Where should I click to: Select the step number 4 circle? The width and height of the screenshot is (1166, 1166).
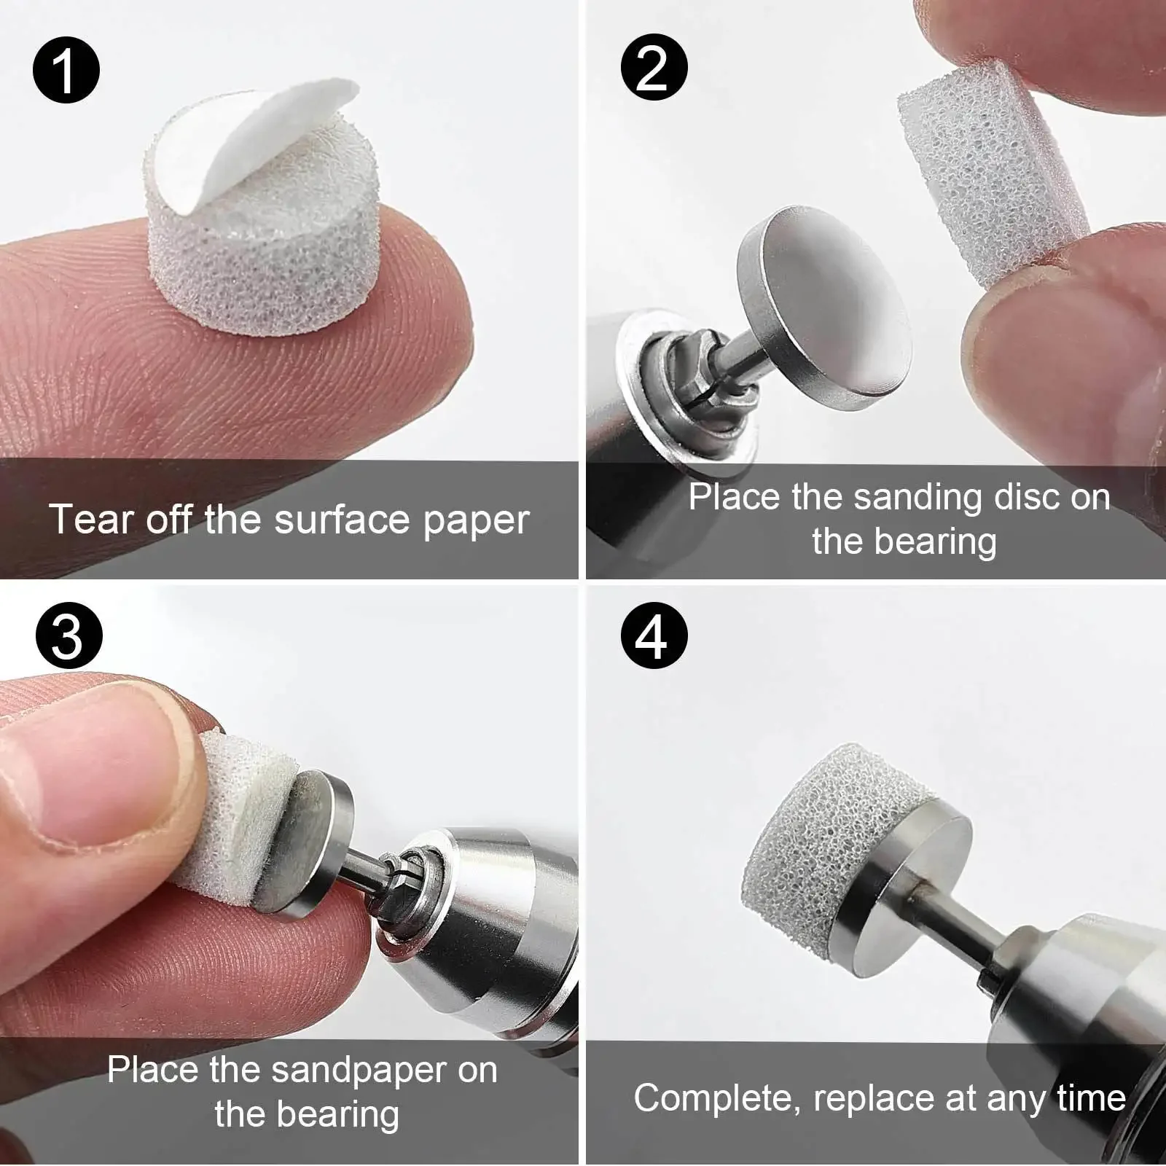pos(654,635)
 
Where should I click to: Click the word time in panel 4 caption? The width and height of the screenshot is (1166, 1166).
pos(1089,1097)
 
